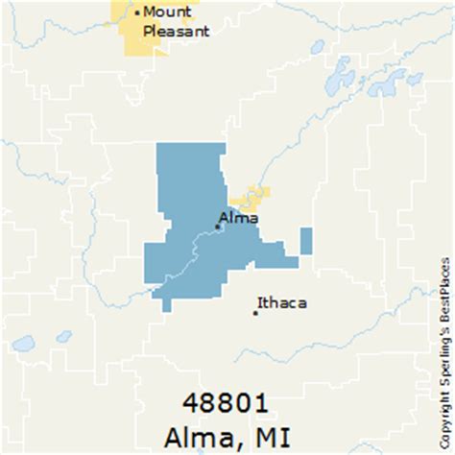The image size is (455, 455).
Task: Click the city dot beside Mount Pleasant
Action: click(x=136, y=12)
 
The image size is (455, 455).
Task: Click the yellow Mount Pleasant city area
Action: click(x=128, y=33)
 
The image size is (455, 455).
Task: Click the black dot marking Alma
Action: click(x=219, y=227)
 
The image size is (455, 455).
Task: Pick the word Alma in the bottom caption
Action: click(x=200, y=433)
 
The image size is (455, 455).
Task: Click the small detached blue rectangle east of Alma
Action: click(x=305, y=241)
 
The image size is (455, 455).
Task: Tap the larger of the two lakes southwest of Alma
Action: click(x=23, y=343)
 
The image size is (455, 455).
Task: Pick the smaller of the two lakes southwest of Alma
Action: click(x=63, y=336)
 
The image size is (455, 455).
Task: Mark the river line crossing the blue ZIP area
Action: click(x=193, y=254)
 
